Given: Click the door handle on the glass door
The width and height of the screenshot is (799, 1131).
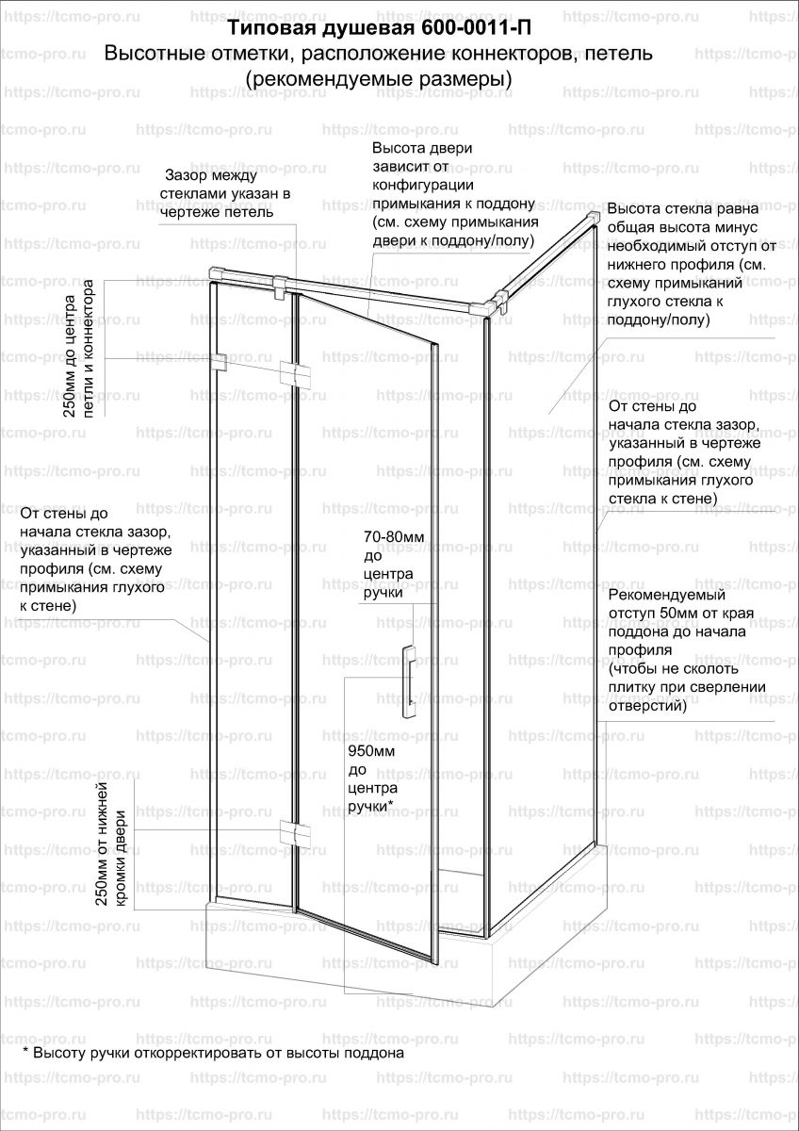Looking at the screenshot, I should [x=408, y=681].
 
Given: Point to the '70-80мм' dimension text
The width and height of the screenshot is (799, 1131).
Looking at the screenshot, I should [x=394, y=536].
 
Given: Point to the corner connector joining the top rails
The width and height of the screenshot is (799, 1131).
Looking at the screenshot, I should [x=494, y=304].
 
